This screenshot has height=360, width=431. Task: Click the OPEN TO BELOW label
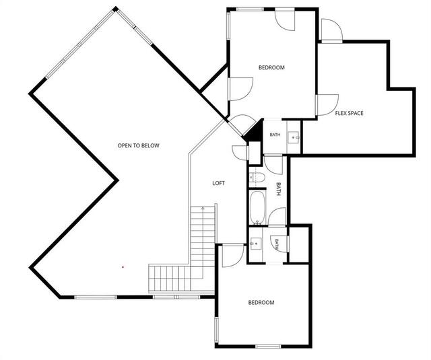point(138,145)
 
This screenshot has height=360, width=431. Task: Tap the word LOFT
point(218,183)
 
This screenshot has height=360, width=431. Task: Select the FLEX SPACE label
point(349,113)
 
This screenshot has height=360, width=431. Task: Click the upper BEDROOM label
point(271,67)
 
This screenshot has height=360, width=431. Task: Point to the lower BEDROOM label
point(261,303)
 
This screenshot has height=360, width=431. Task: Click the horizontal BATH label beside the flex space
point(275,135)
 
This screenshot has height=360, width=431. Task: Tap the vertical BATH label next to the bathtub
point(278,189)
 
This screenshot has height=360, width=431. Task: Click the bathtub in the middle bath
point(257,208)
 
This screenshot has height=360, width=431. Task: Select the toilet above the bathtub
point(257,178)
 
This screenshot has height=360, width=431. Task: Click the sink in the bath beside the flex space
point(293,137)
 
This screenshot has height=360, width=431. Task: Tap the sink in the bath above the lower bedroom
point(256,244)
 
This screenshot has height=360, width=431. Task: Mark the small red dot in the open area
point(123,266)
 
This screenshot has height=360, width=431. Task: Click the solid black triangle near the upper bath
point(255,131)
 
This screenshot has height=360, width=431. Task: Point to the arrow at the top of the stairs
point(203,208)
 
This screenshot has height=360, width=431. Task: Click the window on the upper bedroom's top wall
point(250,9)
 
